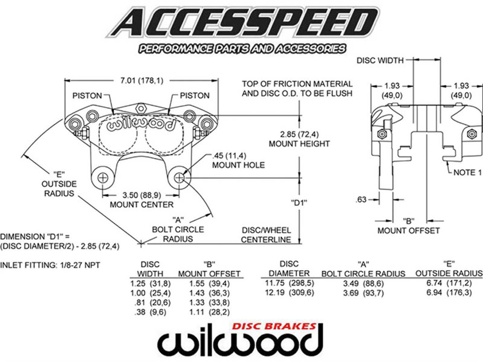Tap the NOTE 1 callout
(x=467, y=172)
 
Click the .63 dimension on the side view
(x=361, y=199)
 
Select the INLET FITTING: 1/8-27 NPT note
(x=50, y=265)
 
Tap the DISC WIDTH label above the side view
(x=380, y=60)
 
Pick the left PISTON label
(x=87, y=96)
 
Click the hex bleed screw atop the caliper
(x=140, y=107)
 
